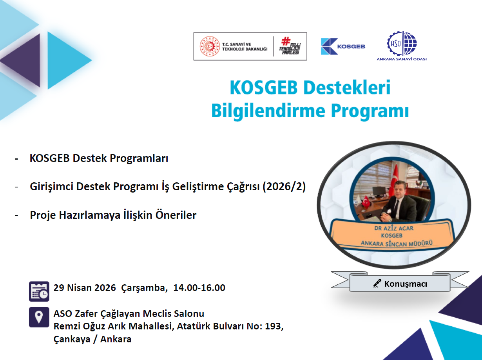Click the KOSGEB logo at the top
(x=342, y=46)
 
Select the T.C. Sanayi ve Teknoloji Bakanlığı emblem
(x=210, y=46)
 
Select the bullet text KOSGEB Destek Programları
(x=99, y=159)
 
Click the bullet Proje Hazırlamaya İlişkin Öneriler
(x=113, y=215)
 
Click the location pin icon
(x=39, y=317)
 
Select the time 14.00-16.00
(x=199, y=288)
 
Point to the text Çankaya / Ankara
(x=92, y=339)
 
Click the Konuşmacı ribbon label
(x=400, y=284)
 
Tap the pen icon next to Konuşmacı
(x=377, y=284)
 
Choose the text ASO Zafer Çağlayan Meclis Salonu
(x=129, y=314)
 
